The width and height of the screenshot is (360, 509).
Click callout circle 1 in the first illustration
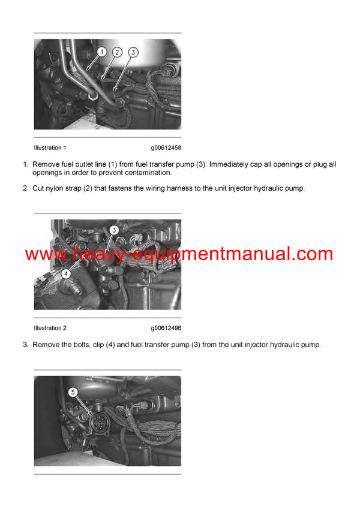(x=101, y=52)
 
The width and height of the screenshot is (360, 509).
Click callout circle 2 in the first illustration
(x=118, y=52)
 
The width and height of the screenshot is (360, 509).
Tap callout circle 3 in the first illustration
(x=133, y=52)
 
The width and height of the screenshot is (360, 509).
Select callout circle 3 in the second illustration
(x=114, y=229)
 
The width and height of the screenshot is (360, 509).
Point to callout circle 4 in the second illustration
(x=66, y=273)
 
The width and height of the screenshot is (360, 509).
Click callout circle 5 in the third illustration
(x=73, y=392)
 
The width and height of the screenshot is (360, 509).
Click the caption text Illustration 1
(x=50, y=147)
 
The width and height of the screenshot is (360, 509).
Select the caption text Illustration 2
(x=50, y=328)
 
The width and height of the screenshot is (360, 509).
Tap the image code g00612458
(x=166, y=147)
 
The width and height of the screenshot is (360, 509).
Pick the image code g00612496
(x=166, y=328)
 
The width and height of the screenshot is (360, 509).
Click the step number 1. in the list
(x=26, y=164)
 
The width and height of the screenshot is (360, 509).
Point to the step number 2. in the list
(x=26, y=188)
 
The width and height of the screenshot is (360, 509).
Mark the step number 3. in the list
(x=26, y=345)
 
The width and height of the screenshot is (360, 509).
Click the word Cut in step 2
(x=38, y=188)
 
